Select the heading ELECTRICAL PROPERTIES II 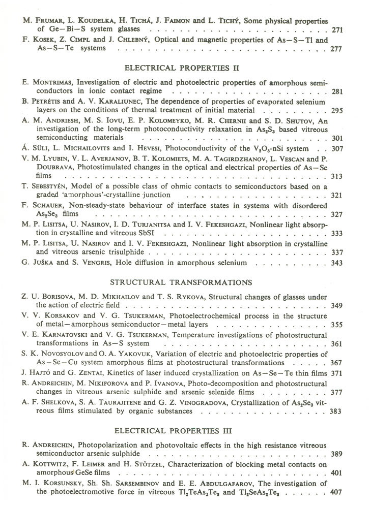point(182,68)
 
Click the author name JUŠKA point(42,263)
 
